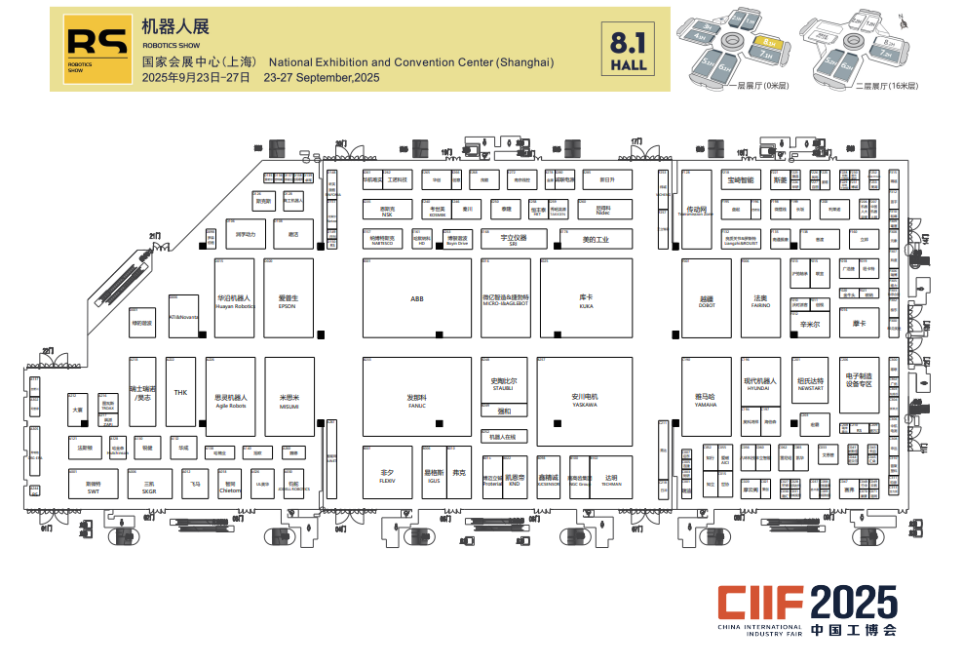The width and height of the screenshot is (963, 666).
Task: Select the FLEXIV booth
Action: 387,475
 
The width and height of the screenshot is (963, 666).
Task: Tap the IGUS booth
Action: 433,475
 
